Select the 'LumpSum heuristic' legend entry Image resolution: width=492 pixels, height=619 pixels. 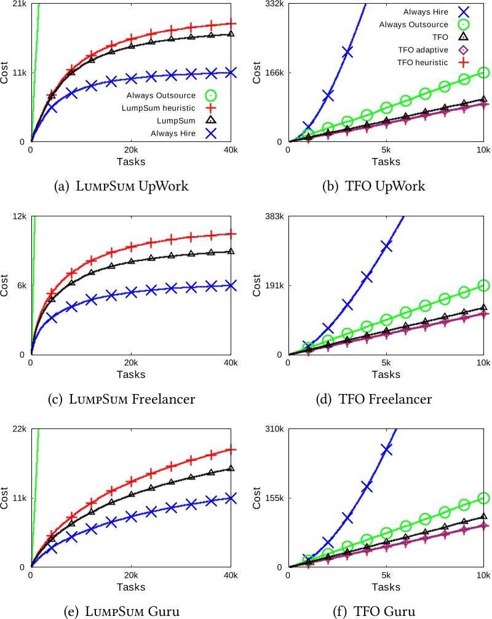click(x=161, y=108)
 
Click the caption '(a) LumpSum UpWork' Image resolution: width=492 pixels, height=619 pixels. click(x=121, y=186)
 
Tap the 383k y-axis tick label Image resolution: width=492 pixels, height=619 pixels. click(x=272, y=217)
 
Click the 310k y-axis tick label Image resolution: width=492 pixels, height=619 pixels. click(x=272, y=430)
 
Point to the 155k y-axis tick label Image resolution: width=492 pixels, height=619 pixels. click(x=272, y=499)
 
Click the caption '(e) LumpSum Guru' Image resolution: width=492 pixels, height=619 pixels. click(x=121, y=612)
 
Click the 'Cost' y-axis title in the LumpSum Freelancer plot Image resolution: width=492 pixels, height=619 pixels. click(x=5, y=286)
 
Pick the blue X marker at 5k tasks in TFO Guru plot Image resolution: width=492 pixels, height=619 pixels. click(x=386, y=450)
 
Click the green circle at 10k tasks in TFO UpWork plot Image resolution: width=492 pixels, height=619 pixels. click(x=483, y=73)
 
